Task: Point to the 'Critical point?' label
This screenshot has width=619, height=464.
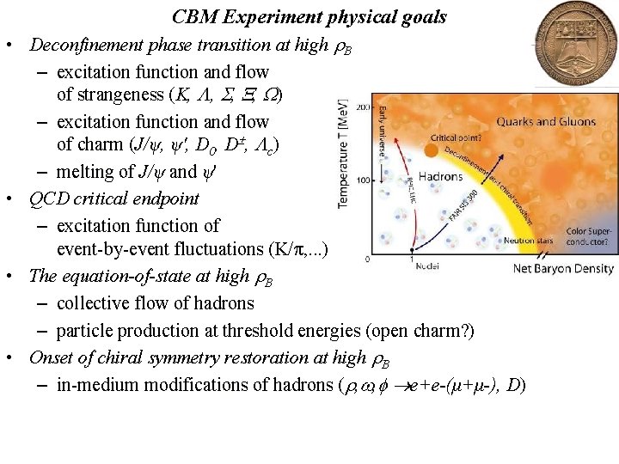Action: click(x=455, y=137)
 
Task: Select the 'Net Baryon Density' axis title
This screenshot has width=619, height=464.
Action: click(x=564, y=269)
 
